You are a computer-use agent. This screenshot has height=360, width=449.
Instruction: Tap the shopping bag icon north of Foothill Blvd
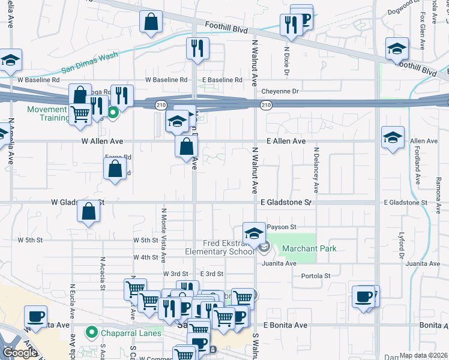[x=151, y=22]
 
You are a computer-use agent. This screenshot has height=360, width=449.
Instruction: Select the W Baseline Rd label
[x=39, y=79]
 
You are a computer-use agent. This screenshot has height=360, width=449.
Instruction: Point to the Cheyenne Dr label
[x=280, y=91]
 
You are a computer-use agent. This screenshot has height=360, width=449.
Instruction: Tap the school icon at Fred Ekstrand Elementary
[x=254, y=233]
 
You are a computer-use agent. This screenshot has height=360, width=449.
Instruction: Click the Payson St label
[x=282, y=227]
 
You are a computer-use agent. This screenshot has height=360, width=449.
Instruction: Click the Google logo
[x=20, y=353]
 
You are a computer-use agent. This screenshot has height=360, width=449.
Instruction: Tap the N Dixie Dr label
[x=288, y=61]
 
